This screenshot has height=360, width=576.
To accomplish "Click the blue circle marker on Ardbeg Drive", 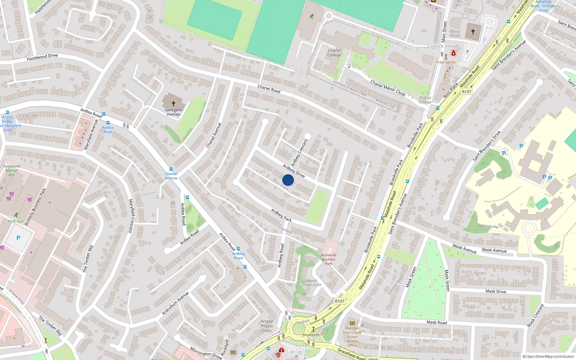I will point(288,180).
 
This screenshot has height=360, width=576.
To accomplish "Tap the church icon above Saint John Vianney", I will point(174,103).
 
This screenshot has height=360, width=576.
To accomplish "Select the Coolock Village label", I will point(442,46).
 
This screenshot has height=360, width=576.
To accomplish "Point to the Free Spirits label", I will point(446,62).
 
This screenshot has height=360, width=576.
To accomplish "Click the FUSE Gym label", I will point(16,221).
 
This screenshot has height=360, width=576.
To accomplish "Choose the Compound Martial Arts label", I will point(12,170).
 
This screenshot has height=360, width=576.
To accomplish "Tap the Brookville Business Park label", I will point(328,259).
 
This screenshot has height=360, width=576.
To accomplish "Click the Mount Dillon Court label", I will point(312,283).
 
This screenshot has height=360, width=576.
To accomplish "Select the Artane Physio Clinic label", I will point(267,326).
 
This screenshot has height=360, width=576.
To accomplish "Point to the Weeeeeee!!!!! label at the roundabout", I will point(313,335).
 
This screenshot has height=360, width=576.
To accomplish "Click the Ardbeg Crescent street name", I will point(300,153).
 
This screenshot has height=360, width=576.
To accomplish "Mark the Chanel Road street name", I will point(269,89).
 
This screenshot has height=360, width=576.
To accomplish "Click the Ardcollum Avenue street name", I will point(175,303).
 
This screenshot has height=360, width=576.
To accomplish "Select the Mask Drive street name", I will point(496,291).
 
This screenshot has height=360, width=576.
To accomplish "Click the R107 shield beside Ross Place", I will point(467,92).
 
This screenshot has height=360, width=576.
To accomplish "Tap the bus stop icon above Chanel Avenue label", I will point(171,169).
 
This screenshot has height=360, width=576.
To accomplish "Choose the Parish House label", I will point(455,33).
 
